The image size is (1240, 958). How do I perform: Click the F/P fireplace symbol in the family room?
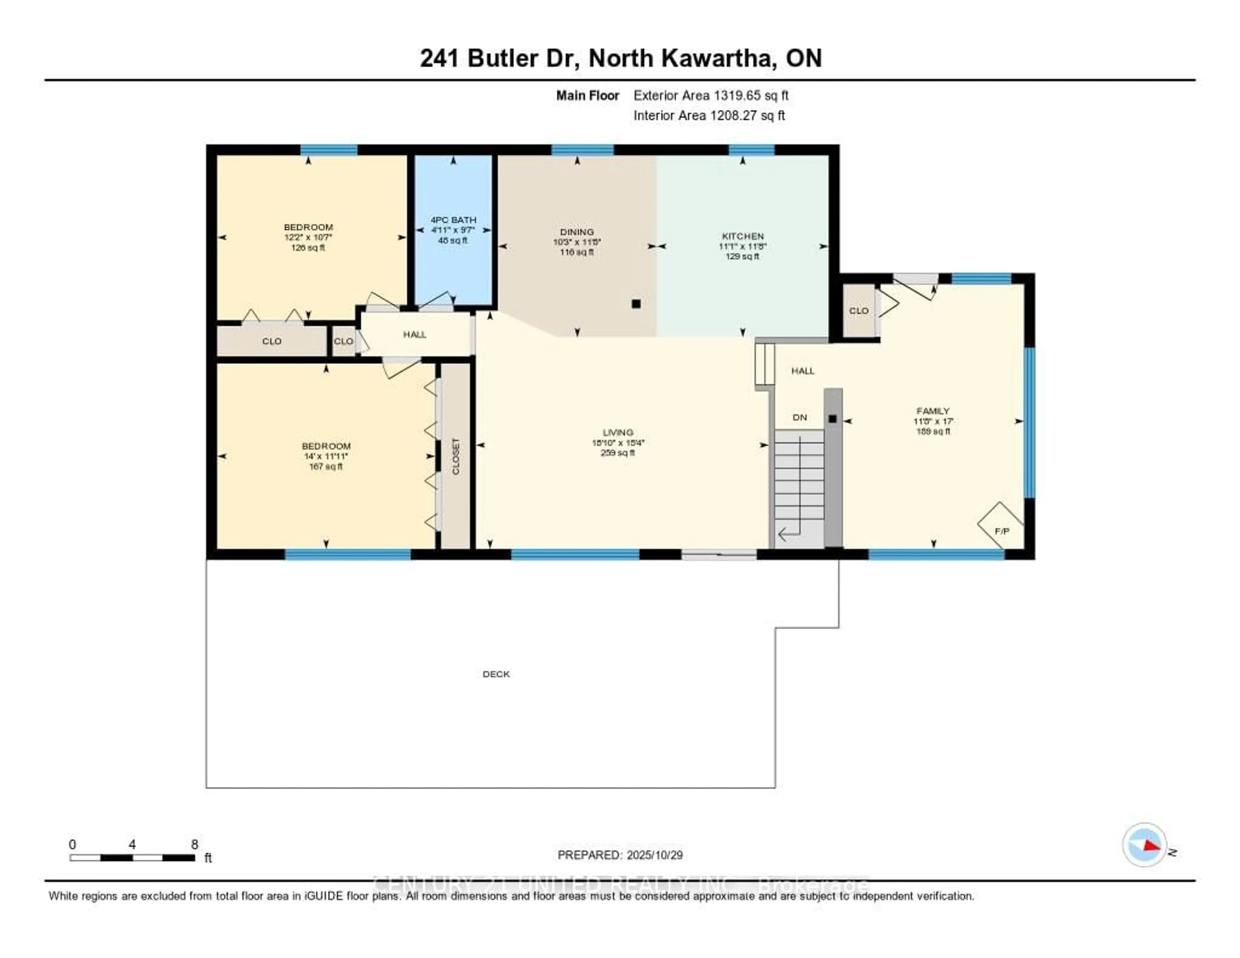coord(1001,530)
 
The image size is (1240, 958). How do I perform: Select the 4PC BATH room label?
coord(453,220)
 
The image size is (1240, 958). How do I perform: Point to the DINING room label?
coord(577,232)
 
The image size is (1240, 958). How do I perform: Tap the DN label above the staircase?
coord(800,417)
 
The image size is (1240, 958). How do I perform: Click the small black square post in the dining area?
coord(636,304)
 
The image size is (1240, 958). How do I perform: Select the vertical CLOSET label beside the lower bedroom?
coord(455,456)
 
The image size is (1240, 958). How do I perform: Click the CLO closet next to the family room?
coord(858,311)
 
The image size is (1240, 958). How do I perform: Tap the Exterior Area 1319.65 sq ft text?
coord(711,95)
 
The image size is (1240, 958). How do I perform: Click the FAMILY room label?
coord(932,411)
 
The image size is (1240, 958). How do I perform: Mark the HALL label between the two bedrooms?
coord(415,335)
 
